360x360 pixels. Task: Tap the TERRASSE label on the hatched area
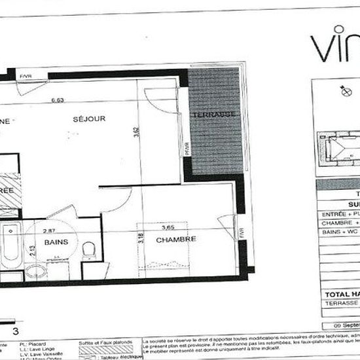[x=213, y=115]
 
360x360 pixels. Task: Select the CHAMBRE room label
[x=177, y=240]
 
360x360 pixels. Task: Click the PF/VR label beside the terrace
[x=187, y=149]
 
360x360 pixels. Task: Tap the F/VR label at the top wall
[x=26, y=77]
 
